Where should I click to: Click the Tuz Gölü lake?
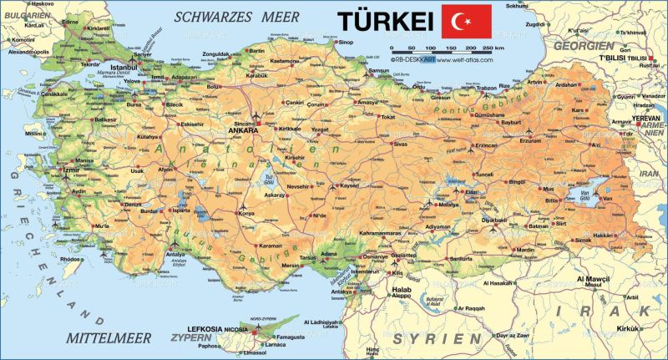(269, 178)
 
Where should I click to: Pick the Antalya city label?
(175, 253)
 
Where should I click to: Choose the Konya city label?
(246, 213)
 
